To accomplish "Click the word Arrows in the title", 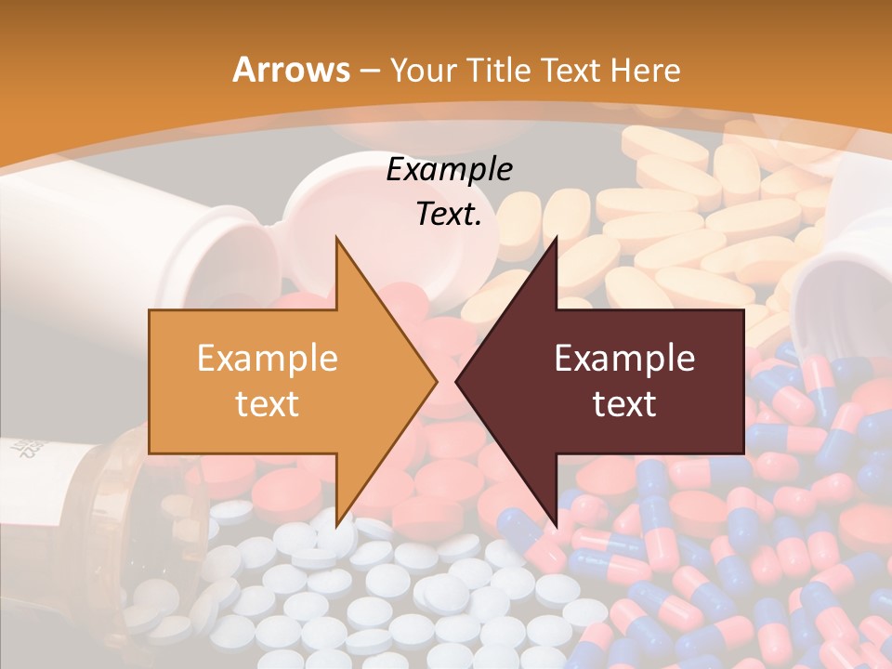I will (291, 70).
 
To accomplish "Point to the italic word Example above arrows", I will (449, 170).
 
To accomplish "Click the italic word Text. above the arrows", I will (449, 215).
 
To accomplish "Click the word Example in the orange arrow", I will (267, 359).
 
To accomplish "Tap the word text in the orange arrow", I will (267, 404).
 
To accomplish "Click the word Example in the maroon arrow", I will (624, 359).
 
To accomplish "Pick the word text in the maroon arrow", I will (624, 404).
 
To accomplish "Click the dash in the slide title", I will (369, 71).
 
